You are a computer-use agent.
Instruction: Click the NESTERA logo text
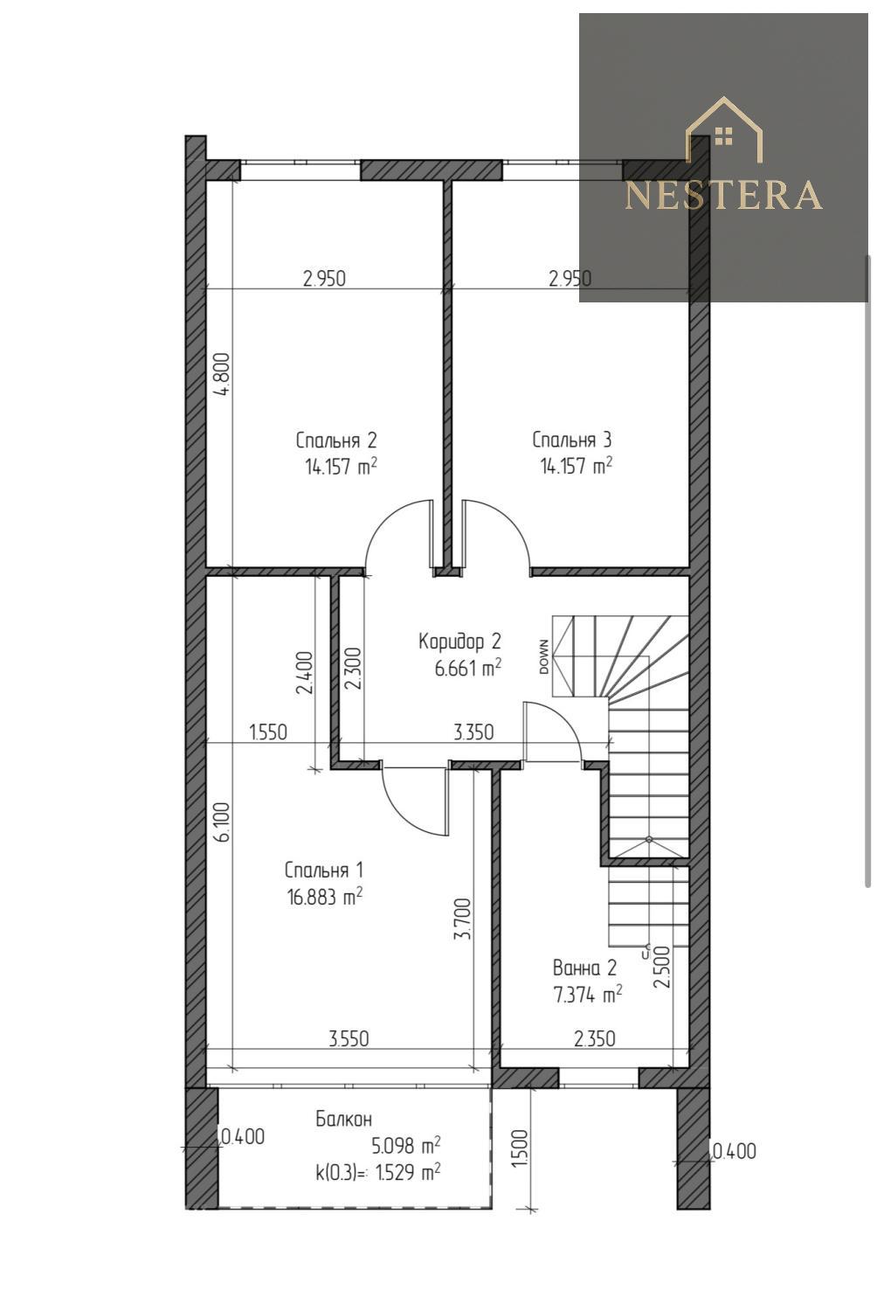point(724,195)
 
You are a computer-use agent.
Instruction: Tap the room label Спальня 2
point(335,440)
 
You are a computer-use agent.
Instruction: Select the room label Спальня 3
point(571,440)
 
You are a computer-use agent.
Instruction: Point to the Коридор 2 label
point(459,642)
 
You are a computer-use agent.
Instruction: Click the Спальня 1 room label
point(323,871)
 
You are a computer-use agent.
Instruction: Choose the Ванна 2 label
point(584,968)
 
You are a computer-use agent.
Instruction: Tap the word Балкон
point(343,1120)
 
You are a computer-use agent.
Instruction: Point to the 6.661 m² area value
point(467,669)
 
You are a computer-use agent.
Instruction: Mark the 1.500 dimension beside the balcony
point(520,1149)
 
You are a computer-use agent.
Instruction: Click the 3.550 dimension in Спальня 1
point(349,1039)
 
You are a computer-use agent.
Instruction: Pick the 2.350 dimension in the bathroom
point(594,1039)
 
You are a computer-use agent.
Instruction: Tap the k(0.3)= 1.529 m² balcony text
point(378,1171)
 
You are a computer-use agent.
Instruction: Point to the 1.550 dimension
point(268,732)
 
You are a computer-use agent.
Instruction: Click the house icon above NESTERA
point(724,128)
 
